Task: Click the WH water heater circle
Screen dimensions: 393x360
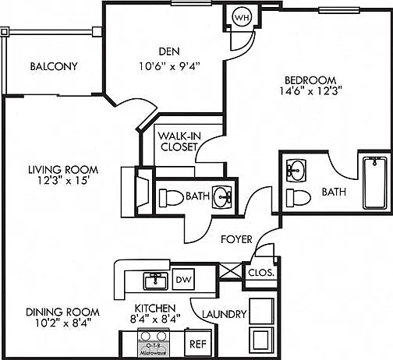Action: [x=242, y=17]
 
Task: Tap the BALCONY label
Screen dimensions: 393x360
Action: [x=54, y=66]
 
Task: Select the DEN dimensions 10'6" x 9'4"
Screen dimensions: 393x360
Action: [x=169, y=66]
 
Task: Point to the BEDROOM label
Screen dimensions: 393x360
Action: [x=310, y=80]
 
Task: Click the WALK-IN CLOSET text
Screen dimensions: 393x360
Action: [x=179, y=141]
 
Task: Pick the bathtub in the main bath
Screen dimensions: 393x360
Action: [x=374, y=183]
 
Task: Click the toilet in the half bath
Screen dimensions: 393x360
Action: [x=170, y=198]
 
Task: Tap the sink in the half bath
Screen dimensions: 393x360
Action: [x=222, y=197]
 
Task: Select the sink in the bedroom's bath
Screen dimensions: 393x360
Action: [x=296, y=171]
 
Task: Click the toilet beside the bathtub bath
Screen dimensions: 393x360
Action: [x=298, y=198]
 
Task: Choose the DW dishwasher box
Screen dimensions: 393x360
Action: [x=183, y=279]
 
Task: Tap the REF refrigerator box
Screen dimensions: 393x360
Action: [x=198, y=343]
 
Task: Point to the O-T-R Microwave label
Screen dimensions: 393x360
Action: [x=154, y=349]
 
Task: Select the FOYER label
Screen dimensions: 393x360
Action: [x=236, y=239]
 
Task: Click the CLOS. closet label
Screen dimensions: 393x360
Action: [x=261, y=273]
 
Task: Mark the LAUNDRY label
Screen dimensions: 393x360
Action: [x=225, y=314]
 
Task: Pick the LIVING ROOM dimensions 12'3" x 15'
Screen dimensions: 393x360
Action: [x=64, y=180]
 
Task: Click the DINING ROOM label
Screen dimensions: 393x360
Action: [x=62, y=312]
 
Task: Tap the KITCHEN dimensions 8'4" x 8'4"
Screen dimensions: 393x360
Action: [x=155, y=319]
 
